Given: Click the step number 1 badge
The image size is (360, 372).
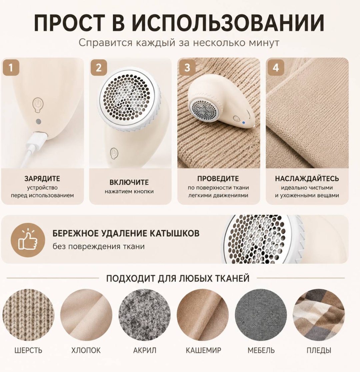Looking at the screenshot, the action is coord(11,68).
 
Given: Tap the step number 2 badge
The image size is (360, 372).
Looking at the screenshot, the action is coord(99,68).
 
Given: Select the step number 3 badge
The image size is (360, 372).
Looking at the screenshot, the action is coord(187,68).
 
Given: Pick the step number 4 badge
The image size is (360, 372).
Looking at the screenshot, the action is coord(276,68).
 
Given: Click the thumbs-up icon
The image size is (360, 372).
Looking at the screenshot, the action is coord(28,240).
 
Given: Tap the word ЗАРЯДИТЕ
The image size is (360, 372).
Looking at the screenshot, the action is coord(42,178).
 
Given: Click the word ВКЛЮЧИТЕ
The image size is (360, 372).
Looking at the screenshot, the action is coord(129,182).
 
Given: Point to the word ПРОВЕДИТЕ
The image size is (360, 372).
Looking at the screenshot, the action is coord(218,178).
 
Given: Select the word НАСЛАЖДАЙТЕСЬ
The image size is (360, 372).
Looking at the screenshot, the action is coord(307,178).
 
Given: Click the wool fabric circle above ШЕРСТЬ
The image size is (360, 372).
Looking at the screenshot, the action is coord(28,315).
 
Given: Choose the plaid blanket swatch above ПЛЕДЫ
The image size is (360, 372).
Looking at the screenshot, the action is coord(319,315).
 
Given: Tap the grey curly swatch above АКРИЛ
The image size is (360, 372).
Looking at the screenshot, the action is coord(145,315).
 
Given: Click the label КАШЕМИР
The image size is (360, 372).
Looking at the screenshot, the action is coord(203,350).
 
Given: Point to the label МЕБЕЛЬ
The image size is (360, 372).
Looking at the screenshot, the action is coord(261,350).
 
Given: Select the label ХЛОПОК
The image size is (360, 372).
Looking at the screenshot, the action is coord(86,350).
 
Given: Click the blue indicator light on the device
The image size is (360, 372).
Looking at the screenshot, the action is coord(244,123).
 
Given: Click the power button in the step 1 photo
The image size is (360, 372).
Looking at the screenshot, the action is coord(38,105).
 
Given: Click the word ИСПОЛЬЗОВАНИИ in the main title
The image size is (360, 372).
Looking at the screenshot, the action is coord(228,23).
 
